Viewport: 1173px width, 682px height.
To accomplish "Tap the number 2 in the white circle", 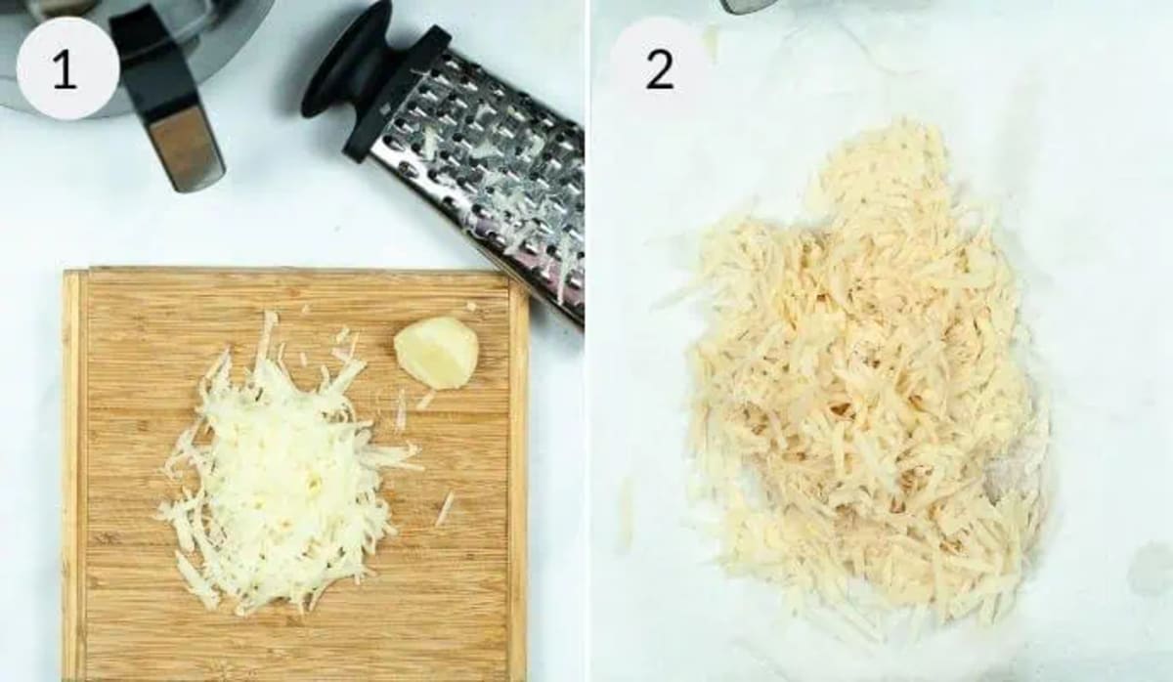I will point(660,69).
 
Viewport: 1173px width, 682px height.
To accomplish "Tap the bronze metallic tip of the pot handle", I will point(188,147).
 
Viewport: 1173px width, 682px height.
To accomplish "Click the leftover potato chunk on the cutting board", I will point(436,353).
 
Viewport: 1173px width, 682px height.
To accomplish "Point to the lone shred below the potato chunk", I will point(445,509).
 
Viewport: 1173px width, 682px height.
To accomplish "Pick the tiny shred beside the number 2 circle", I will point(711,40).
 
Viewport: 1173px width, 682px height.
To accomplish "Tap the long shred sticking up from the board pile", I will point(266,337).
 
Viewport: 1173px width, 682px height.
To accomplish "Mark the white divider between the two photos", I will point(587,341).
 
